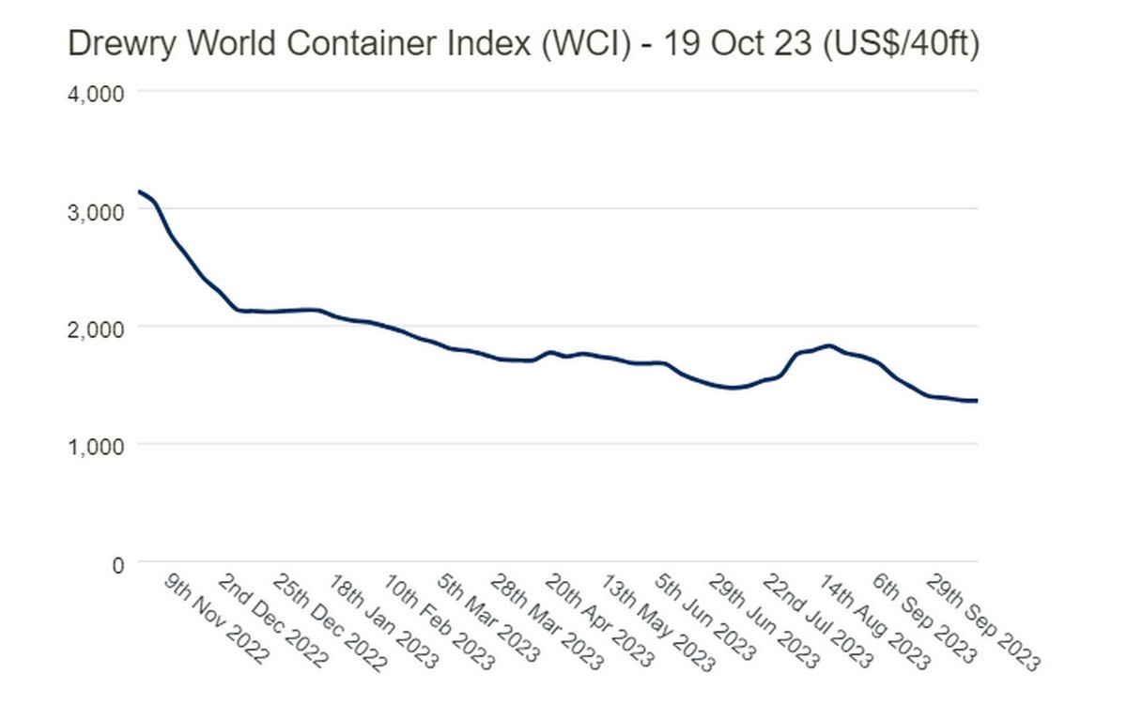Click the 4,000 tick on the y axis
94,93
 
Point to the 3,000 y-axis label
94,210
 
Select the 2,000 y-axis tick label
94,328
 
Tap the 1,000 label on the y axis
94,445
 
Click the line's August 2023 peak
828,345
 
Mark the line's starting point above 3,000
139,191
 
